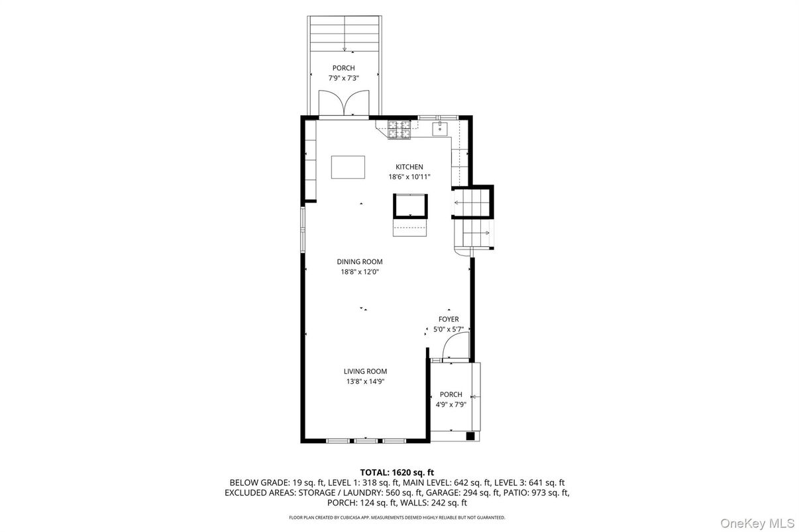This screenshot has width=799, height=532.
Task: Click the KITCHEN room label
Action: [x=409, y=167]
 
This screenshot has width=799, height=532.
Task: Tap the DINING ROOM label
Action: [x=359, y=262]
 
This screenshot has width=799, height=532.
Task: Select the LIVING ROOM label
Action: [x=364, y=372]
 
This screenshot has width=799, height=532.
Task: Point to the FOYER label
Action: [x=449, y=320]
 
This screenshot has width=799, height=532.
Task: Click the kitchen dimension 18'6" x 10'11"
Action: [x=409, y=177]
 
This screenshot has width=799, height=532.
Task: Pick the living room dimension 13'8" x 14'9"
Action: [x=364, y=382]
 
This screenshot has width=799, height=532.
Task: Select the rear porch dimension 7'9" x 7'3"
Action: [x=343, y=78]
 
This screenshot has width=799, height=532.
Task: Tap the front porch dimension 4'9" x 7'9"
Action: [x=451, y=404]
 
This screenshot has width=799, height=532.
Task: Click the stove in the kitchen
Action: [x=398, y=130]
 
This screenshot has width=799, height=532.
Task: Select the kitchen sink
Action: [x=439, y=128]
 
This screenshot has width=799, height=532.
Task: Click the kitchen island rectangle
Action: [x=348, y=167]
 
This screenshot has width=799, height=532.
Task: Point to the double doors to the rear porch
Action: [x=343, y=105]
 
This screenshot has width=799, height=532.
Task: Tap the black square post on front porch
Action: [x=470, y=436]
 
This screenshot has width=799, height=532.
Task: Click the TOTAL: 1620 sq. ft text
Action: [x=397, y=472]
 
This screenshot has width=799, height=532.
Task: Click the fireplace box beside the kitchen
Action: [x=410, y=205]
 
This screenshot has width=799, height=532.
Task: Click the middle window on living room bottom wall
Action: [x=365, y=441]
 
